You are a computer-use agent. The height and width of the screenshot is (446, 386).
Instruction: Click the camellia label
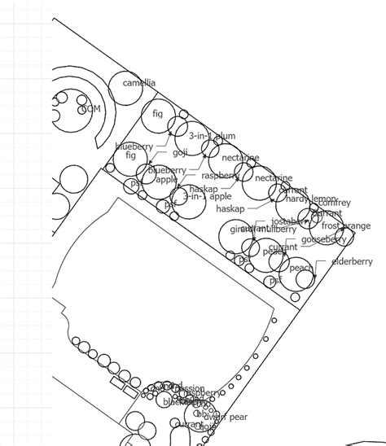[x=138, y=83]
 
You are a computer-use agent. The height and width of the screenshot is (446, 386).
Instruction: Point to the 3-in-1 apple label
[x=208, y=196]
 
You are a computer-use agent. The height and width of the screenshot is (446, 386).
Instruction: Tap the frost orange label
[x=345, y=225]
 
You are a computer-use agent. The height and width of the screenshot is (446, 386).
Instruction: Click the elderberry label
[x=352, y=261]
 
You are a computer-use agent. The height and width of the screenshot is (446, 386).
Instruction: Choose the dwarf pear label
[x=226, y=417]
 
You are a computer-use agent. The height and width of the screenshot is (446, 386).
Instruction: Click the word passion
[x=189, y=387]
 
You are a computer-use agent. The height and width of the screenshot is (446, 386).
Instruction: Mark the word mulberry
[x=279, y=230]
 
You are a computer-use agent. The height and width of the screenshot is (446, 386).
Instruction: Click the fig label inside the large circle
[x=158, y=114]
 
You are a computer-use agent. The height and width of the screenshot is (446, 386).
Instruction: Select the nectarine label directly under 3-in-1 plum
[x=240, y=157]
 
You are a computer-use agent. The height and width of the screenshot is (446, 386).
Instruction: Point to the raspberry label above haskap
[x=219, y=175]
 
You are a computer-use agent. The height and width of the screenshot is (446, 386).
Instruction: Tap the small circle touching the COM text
[x=82, y=109]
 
